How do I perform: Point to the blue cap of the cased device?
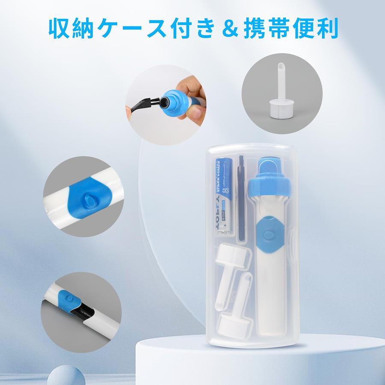click(269, 180)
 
